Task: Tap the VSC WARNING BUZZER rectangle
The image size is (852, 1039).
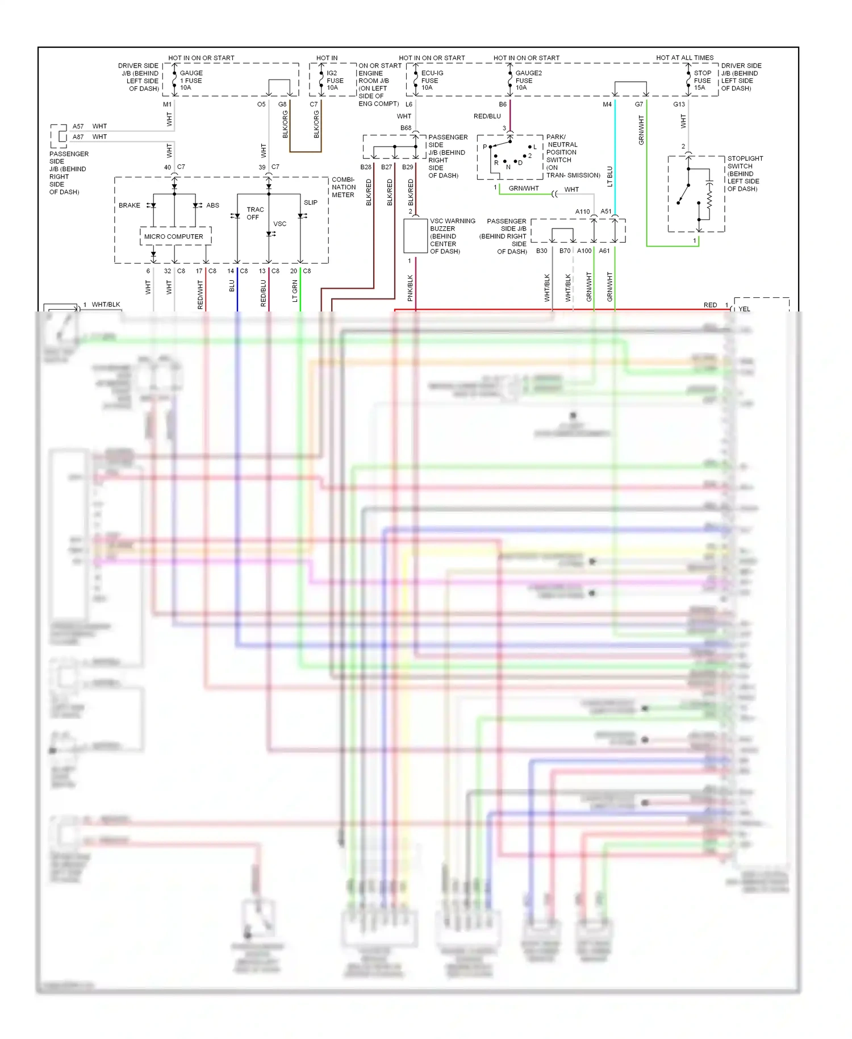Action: pos(415,235)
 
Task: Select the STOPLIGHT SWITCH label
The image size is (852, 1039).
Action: pos(745,173)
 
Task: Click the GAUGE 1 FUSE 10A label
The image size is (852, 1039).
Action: pos(191,80)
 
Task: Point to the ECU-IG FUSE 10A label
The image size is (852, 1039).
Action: pos(432,80)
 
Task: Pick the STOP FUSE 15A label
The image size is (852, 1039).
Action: pos(702,80)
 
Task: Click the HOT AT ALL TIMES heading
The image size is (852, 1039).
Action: pos(684,58)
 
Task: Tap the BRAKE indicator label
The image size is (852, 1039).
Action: pos(130,205)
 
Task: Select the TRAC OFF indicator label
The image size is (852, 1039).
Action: pos(254,213)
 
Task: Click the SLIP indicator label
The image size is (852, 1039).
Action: pos(310,202)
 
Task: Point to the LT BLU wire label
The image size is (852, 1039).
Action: pos(610,176)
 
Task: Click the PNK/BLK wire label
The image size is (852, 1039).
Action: pos(410,288)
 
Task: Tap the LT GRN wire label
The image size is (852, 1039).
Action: pos(295,291)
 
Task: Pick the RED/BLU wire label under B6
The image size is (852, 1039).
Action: pos(487,117)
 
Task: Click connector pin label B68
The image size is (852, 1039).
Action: pos(406,128)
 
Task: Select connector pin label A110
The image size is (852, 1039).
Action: pos(582,211)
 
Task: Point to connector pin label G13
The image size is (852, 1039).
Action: pos(679,105)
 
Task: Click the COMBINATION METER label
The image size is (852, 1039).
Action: pos(344,187)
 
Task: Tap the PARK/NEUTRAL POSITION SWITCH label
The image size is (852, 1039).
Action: pos(573,156)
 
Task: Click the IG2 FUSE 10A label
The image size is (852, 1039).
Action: pos(335,80)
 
